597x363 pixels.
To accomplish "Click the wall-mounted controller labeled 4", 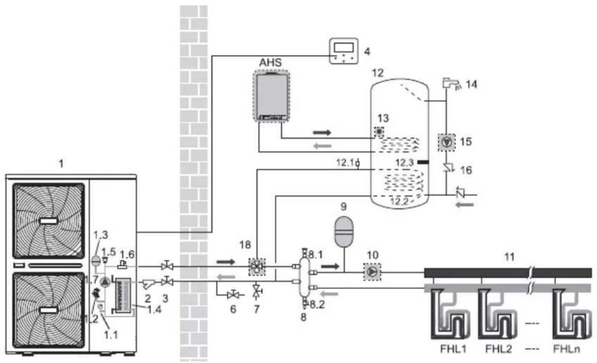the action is click(343, 51).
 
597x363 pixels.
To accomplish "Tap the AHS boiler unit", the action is click(271, 96).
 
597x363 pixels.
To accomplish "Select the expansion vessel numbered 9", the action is click(344, 230).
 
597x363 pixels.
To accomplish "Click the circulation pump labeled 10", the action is click(372, 272).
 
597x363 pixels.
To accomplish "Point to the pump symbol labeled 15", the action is click(447, 142).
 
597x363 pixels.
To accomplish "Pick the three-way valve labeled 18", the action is click(257, 266).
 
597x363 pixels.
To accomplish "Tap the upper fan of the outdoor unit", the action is click(49, 221).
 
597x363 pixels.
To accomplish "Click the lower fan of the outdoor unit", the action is click(49, 310).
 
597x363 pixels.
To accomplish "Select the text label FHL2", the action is click(498, 349).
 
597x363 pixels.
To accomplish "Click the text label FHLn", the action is click(566, 349).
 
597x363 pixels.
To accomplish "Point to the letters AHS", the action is click(270, 62).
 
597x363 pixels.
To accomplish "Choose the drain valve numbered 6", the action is click(233, 294).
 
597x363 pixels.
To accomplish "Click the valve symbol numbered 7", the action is click(257, 292).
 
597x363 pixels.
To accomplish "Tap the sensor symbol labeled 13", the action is click(379, 132).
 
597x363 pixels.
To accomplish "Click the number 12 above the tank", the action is click(378, 72).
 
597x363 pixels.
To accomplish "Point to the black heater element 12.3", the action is click(423, 162).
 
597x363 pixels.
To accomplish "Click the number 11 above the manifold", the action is click(509, 257).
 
